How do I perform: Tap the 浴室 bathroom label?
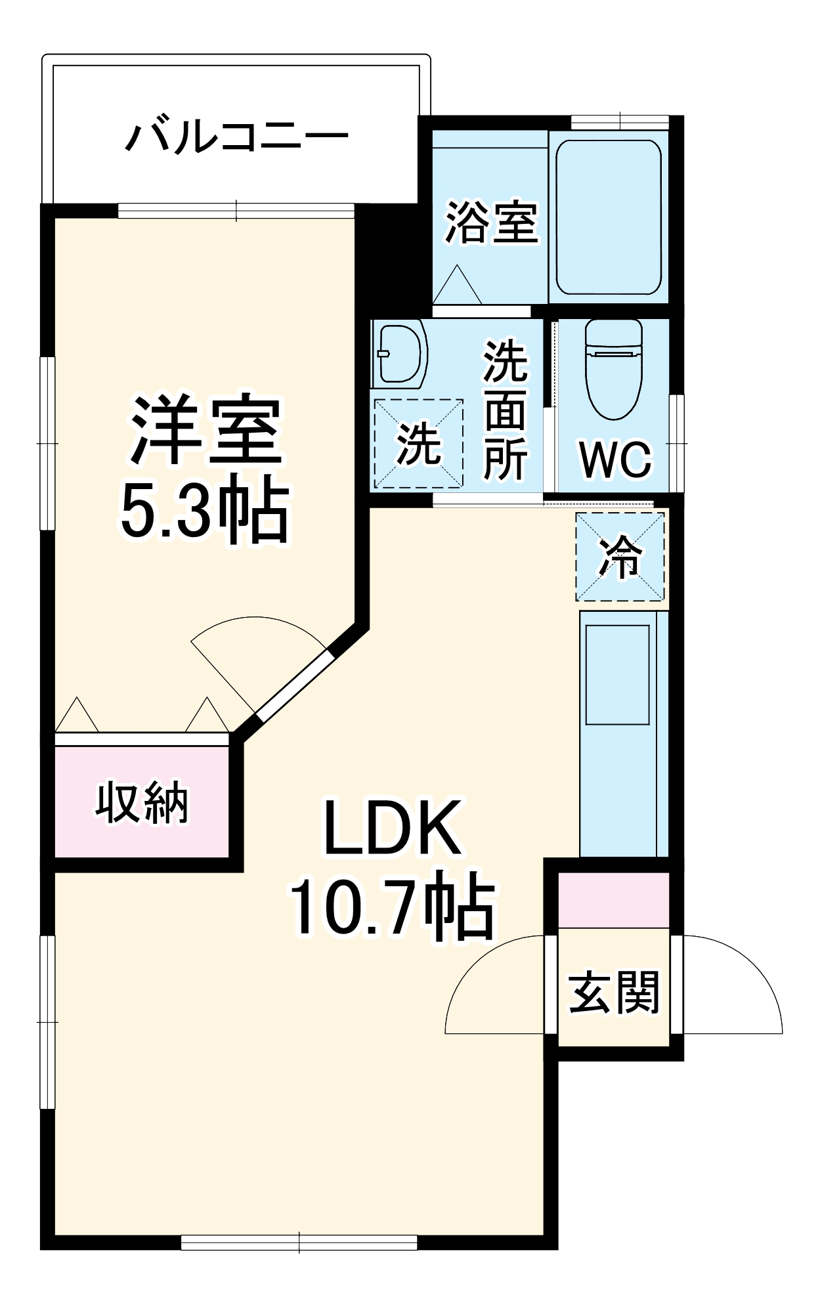491,223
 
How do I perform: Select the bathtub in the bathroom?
608,217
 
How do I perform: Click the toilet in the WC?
613,369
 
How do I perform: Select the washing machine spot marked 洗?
418,444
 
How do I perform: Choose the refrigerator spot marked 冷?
620,556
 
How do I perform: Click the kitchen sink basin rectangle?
617,674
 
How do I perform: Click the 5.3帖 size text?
204,511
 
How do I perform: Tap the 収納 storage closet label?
142,802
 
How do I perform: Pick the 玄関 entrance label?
614,992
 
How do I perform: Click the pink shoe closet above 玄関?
614,899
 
